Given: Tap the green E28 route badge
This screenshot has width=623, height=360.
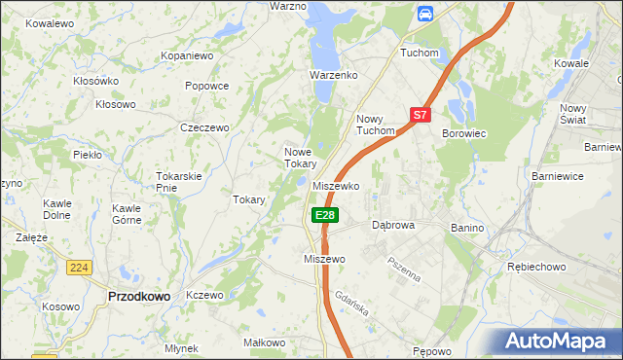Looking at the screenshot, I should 325,215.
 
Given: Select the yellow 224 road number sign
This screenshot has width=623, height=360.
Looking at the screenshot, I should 80,267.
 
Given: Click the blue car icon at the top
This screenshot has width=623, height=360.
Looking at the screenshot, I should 424,13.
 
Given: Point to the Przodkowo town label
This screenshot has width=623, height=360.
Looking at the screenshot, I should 138,296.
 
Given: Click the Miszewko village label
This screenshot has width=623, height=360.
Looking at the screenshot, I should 337,186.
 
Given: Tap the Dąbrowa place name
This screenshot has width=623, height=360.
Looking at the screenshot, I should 394,225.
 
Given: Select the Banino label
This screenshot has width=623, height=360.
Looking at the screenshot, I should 467,228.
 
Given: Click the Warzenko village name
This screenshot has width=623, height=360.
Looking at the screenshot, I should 334,75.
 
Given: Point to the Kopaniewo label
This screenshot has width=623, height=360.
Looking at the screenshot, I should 187,56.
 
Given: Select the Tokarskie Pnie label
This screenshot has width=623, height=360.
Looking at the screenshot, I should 179,182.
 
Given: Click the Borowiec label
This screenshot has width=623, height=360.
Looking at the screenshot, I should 463,132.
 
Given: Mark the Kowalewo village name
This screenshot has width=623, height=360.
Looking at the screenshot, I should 51,22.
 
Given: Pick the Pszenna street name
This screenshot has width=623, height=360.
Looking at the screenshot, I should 403,269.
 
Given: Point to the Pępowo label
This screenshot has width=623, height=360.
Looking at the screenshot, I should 432,351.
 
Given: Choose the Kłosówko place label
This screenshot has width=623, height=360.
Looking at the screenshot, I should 95,81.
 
